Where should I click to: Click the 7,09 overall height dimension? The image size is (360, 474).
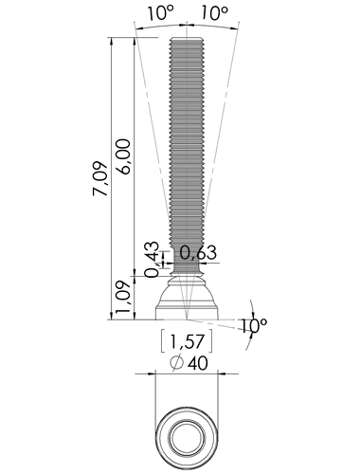point(100,179)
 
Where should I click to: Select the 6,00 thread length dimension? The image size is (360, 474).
point(123,156)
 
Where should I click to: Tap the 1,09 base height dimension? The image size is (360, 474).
point(123,297)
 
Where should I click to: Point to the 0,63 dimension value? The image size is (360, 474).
point(198,253)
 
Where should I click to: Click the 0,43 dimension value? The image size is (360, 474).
point(153,260)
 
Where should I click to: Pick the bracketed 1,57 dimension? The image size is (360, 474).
point(187,341)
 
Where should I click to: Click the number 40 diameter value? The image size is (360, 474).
point(198,363)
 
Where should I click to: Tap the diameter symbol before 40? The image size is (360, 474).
point(176,363)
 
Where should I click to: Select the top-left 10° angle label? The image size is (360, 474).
point(160,13)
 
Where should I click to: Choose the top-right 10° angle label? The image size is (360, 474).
point(214,13)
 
